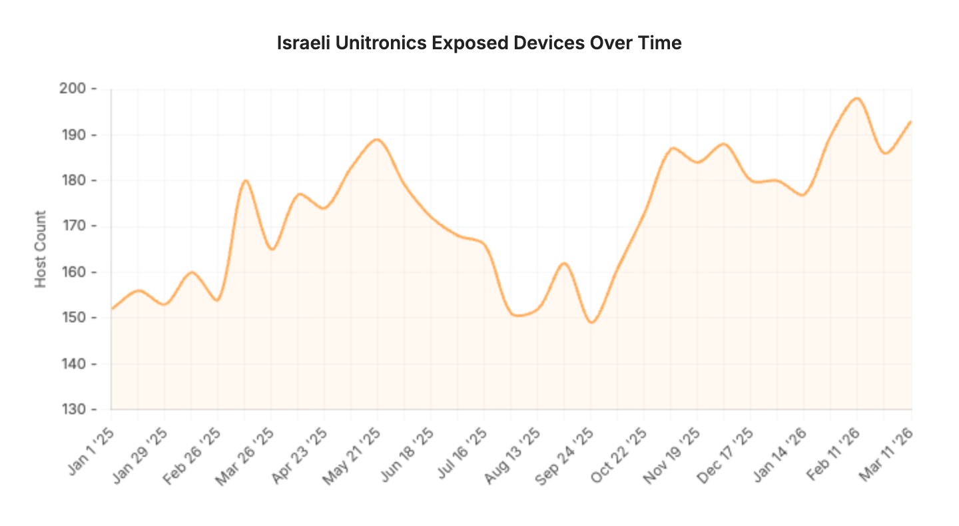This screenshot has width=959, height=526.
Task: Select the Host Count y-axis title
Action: click(41, 249)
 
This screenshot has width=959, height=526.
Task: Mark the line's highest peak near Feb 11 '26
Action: click(857, 99)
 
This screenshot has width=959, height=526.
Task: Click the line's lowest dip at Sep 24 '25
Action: click(591, 322)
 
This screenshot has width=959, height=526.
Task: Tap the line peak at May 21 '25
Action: click(377, 139)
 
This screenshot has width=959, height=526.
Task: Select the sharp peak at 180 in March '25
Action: click(245, 180)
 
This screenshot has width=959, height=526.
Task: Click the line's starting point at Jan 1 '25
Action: click(112, 309)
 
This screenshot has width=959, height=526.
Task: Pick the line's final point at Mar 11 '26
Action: click(911, 121)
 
